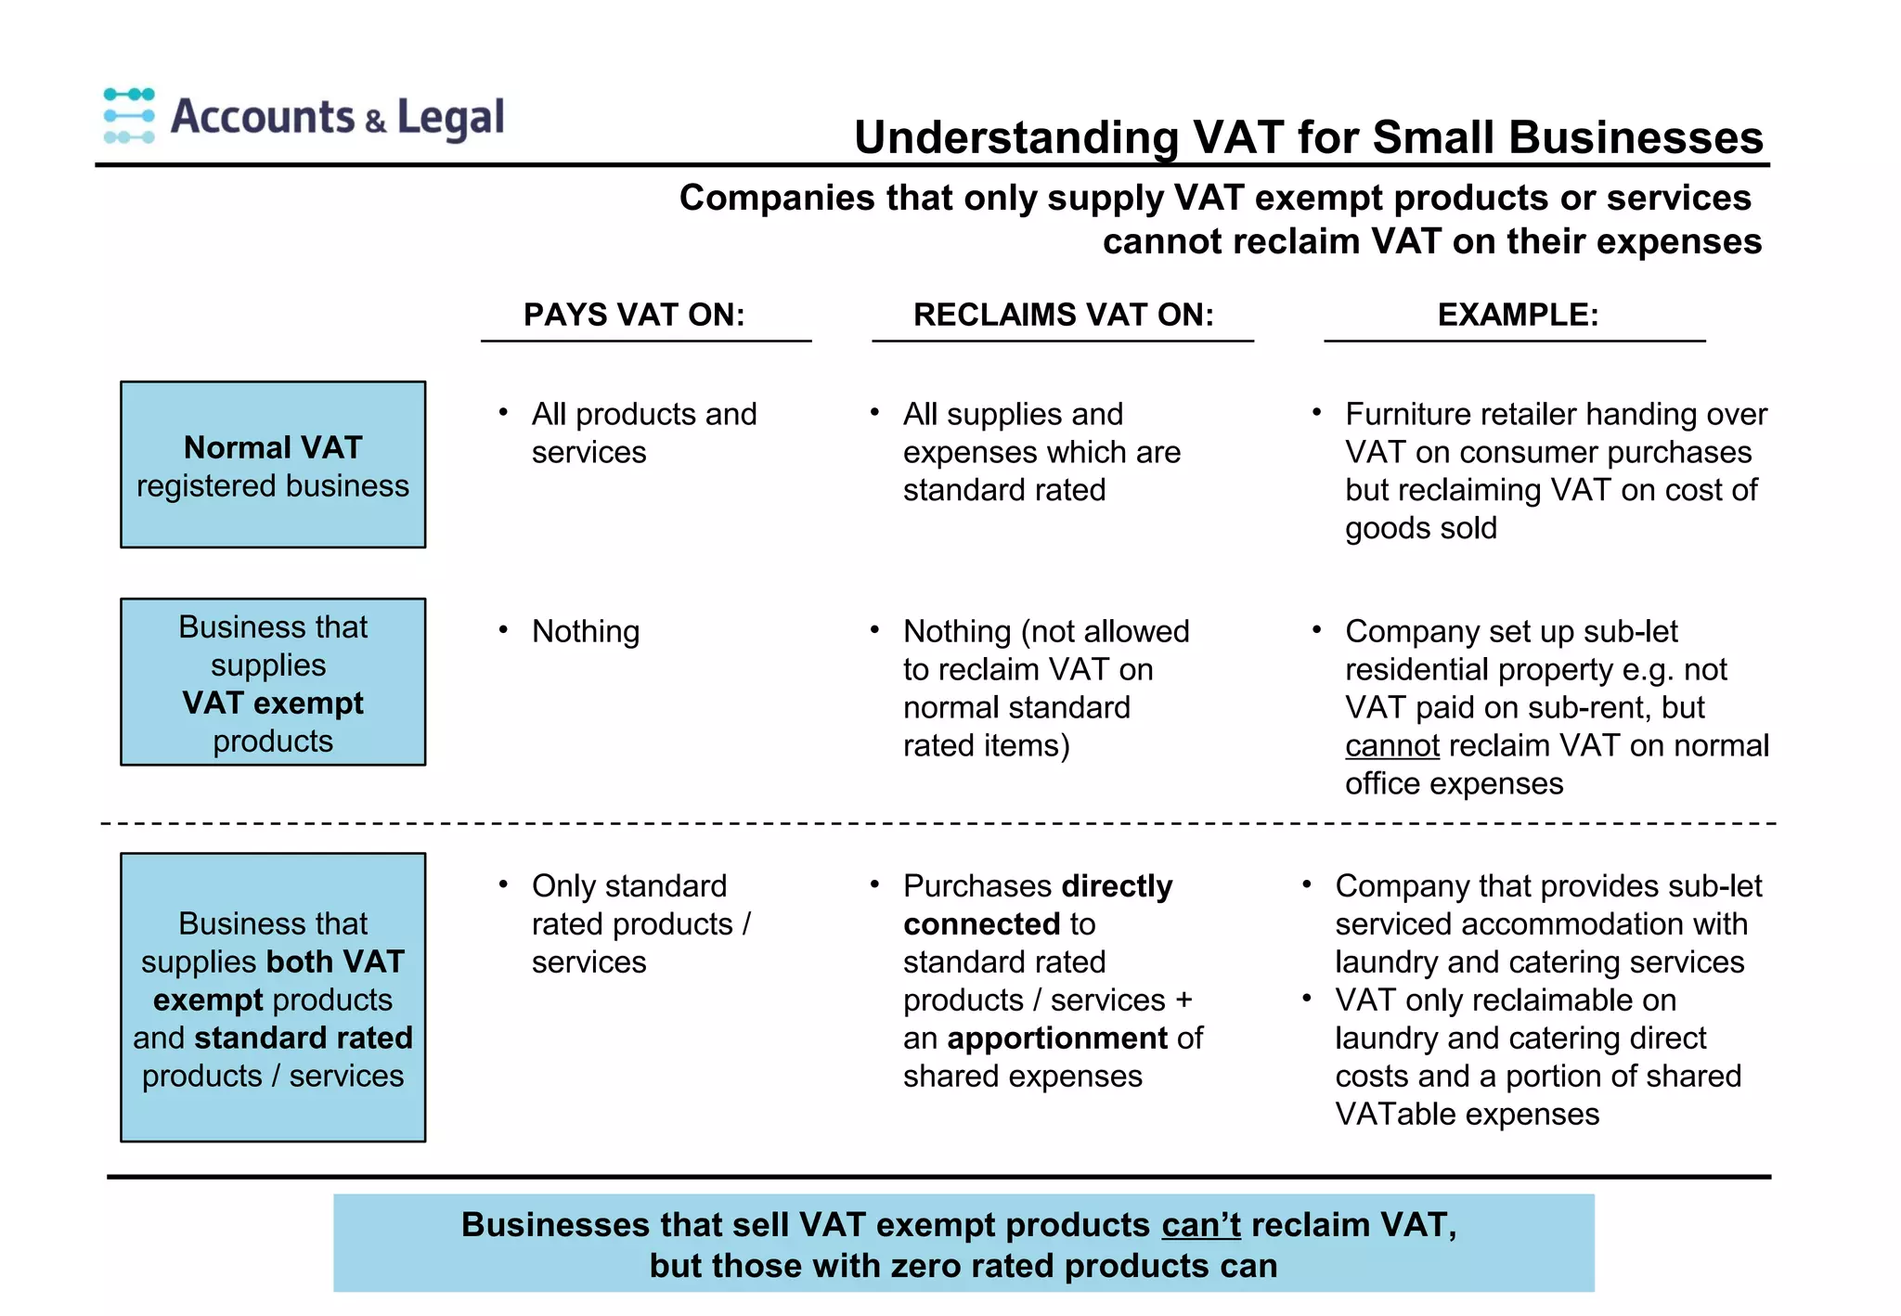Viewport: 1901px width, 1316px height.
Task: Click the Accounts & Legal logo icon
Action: point(129,116)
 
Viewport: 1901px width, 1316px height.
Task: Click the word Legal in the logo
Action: point(450,118)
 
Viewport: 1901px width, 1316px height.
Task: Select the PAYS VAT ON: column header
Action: point(634,315)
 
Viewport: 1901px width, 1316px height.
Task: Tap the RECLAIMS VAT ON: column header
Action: point(1063,315)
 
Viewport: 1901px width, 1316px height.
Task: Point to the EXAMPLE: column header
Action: point(1518,315)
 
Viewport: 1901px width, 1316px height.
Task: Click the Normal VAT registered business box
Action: point(273,465)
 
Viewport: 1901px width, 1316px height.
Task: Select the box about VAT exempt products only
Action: point(273,682)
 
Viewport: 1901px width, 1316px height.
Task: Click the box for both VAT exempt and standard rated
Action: point(273,998)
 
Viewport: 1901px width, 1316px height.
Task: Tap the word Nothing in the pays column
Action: point(586,632)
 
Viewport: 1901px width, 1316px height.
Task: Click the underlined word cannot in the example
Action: point(1391,746)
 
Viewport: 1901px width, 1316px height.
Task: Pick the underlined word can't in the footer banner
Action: point(1200,1225)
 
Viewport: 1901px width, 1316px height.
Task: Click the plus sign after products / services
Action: point(1183,1000)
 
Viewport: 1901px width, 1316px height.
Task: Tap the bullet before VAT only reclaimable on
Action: point(1306,999)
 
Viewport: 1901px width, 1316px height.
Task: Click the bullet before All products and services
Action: point(503,412)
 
